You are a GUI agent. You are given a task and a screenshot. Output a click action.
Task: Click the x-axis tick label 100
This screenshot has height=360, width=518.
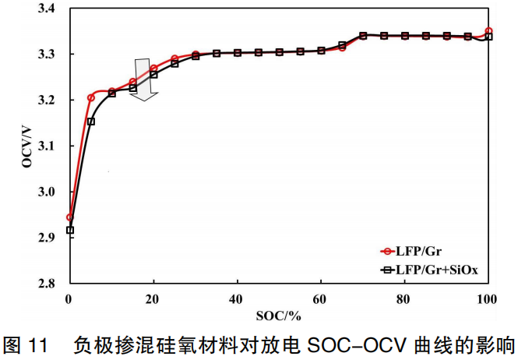(x=488, y=298)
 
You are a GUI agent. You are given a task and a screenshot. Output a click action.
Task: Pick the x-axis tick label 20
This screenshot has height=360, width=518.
(x=153, y=298)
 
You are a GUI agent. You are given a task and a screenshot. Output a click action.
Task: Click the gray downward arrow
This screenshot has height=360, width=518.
(x=144, y=78)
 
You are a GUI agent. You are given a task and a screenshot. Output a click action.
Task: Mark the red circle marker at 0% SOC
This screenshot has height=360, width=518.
(x=70, y=217)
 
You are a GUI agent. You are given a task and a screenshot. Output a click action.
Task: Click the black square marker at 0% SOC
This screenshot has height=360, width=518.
(x=70, y=230)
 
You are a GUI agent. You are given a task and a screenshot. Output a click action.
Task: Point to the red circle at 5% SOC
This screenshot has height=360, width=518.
(x=91, y=97)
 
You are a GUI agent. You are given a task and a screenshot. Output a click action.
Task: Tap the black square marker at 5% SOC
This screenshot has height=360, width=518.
(x=91, y=121)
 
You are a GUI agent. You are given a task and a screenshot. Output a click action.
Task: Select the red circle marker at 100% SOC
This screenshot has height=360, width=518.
(x=488, y=31)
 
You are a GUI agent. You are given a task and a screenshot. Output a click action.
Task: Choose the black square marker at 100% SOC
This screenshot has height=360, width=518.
(x=488, y=37)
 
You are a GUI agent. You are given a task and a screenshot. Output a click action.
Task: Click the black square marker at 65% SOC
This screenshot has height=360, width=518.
(x=342, y=45)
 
